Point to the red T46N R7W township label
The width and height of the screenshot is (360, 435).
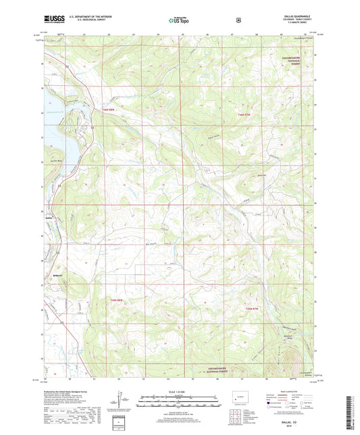click(245, 115)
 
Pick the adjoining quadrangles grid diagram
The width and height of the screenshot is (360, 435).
click(238, 419)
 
